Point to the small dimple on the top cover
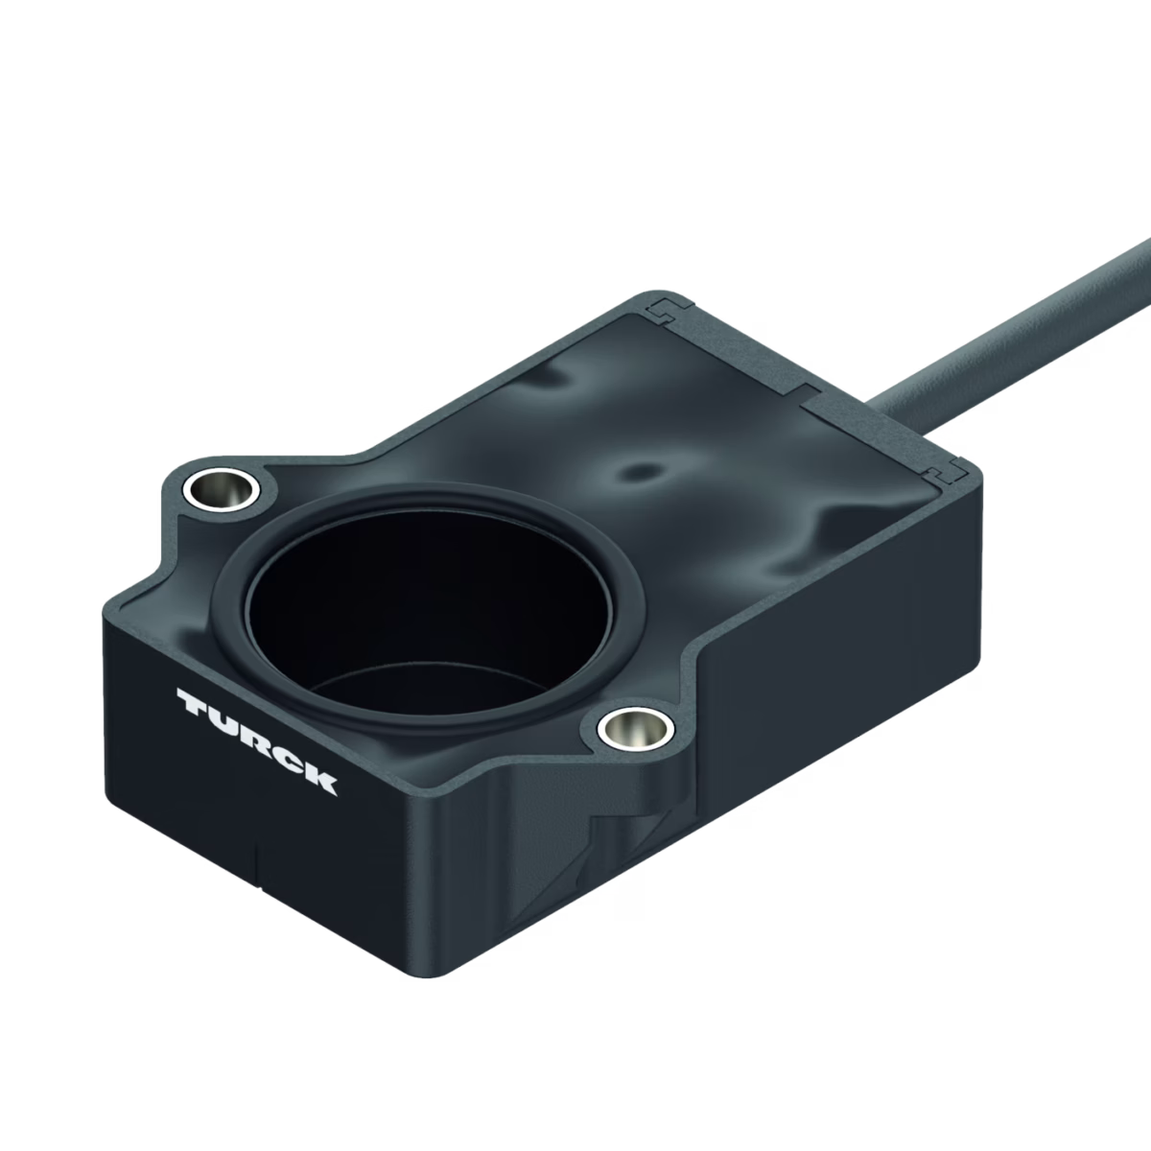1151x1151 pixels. tap(638, 473)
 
